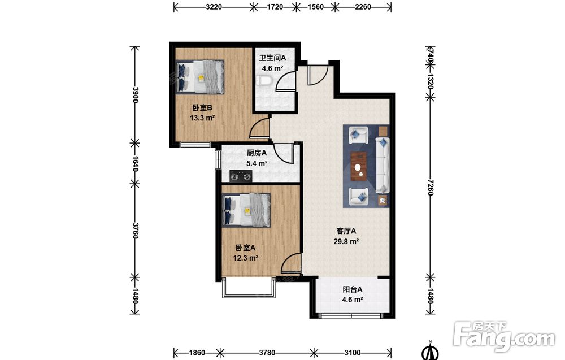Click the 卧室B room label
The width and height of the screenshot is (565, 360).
pos(202,107)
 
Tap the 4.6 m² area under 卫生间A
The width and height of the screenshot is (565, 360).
pos(272,68)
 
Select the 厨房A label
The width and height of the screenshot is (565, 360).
pos(257,153)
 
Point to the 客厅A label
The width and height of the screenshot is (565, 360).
pos(346,231)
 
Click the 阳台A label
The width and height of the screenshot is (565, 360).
pos(353,289)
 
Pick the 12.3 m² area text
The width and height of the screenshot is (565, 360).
pos(245,258)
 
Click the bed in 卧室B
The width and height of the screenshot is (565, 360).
pos(200,77)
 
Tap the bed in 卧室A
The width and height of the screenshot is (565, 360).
pos(246,210)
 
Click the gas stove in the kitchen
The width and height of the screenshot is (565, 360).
pos(241,176)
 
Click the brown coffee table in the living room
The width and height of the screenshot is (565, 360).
pos(359,166)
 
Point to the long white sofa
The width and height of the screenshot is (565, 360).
pos(383,164)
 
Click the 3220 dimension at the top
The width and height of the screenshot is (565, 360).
pos(214,7)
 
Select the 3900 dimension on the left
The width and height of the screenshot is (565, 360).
pos(135,95)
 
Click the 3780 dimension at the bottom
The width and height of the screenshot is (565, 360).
pos(267,353)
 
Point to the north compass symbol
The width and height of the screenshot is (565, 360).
pos(430,350)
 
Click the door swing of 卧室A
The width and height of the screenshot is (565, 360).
pos(290,262)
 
